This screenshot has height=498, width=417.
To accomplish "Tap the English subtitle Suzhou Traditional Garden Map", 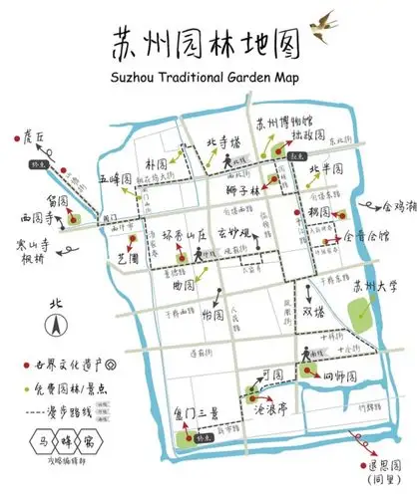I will point(208,77).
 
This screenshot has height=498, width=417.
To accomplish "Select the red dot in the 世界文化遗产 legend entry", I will point(37,366).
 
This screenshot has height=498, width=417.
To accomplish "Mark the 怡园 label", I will point(212,315).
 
